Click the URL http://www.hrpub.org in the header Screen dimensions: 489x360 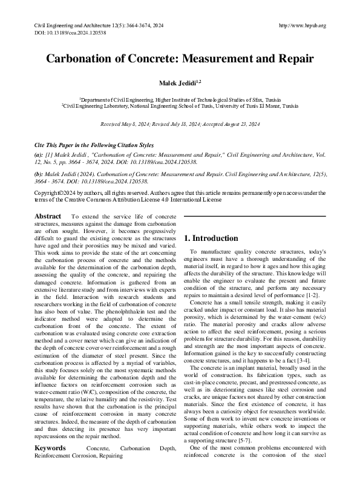click(x=303, y=25)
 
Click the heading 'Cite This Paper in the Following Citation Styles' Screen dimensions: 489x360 click(x=93, y=146)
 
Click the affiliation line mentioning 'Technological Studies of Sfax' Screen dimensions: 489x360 click(x=180, y=99)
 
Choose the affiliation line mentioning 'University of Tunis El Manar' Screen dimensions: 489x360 click(x=180, y=105)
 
